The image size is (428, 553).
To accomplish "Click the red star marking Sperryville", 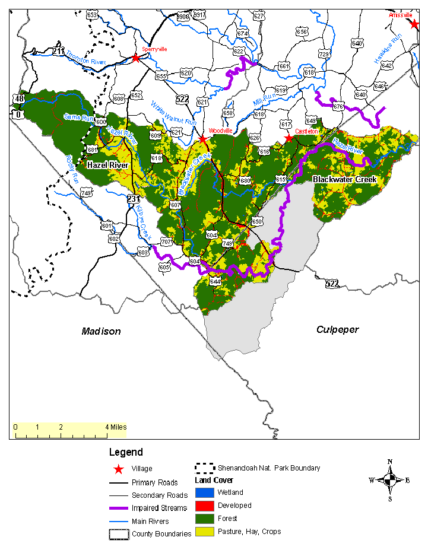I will (x=136, y=58).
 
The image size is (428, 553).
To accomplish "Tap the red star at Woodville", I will (x=203, y=139).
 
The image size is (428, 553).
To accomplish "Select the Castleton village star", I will (x=289, y=138).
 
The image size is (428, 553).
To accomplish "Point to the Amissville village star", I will (x=414, y=24).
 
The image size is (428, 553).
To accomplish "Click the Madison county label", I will (x=101, y=331).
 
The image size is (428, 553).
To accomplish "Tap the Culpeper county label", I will (x=337, y=329).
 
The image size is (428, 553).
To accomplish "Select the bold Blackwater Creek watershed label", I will (x=345, y=179).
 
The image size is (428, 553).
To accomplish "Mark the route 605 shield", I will (x=164, y=268).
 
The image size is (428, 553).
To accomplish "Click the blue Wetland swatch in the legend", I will (x=204, y=492).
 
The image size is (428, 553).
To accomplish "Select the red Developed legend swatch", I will (x=204, y=506).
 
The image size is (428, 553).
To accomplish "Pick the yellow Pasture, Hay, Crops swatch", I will (x=204, y=532).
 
